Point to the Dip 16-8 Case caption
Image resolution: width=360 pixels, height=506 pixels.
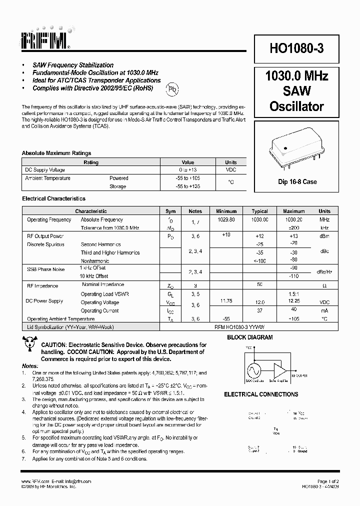pyautogui.click(x=297, y=182)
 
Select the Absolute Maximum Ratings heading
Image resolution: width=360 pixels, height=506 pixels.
pyautogui.click(x=56, y=153)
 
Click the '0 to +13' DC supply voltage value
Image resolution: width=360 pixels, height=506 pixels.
pyautogui.click(x=187, y=170)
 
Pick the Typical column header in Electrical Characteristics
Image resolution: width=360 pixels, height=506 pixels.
pyautogui.click(x=259, y=211)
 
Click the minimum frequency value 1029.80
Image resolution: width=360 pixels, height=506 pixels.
pyautogui.click(x=226, y=219)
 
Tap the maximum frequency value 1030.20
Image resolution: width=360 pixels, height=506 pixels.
pyautogui.click(x=293, y=219)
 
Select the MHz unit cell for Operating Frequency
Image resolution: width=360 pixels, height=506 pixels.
pyautogui.click(x=324, y=219)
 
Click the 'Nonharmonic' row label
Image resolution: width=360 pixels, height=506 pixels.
pyautogui.click(x=95, y=260)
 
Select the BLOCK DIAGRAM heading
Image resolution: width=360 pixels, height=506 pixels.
pyautogui.click(x=250, y=337)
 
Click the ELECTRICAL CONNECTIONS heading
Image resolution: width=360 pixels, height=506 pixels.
pyautogui.click(x=261, y=394)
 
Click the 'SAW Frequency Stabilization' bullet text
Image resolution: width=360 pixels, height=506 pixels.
pyautogui.click(x=73, y=65)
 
